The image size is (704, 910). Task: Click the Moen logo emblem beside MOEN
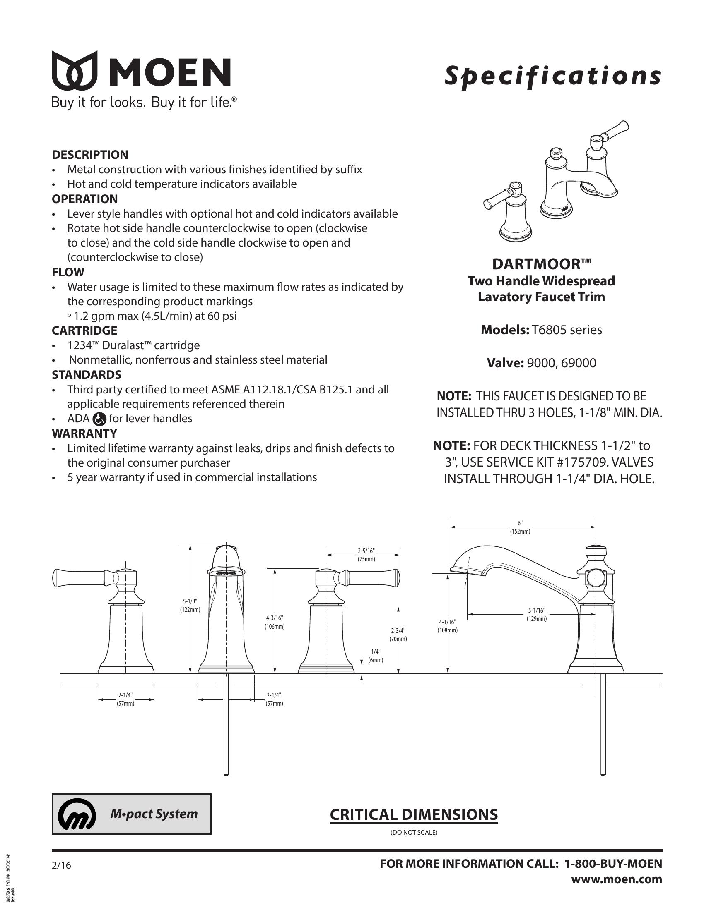(x=74, y=71)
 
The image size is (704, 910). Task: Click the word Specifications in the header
(x=552, y=76)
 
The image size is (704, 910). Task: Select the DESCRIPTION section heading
(x=90, y=155)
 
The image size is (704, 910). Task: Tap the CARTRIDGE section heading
(x=84, y=330)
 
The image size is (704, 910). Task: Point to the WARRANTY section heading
(x=84, y=433)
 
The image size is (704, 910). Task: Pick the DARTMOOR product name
(x=541, y=264)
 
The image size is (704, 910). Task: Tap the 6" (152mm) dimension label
(x=520, y=527)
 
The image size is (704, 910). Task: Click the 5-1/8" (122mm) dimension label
(x=190, y=606)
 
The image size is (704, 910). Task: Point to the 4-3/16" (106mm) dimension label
(x=275, y=622)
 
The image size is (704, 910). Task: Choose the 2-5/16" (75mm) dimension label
(x=366, y=555)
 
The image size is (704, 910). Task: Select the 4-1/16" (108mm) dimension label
(x=447, y=626)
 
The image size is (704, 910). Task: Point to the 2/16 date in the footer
(x=61, y=865)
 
